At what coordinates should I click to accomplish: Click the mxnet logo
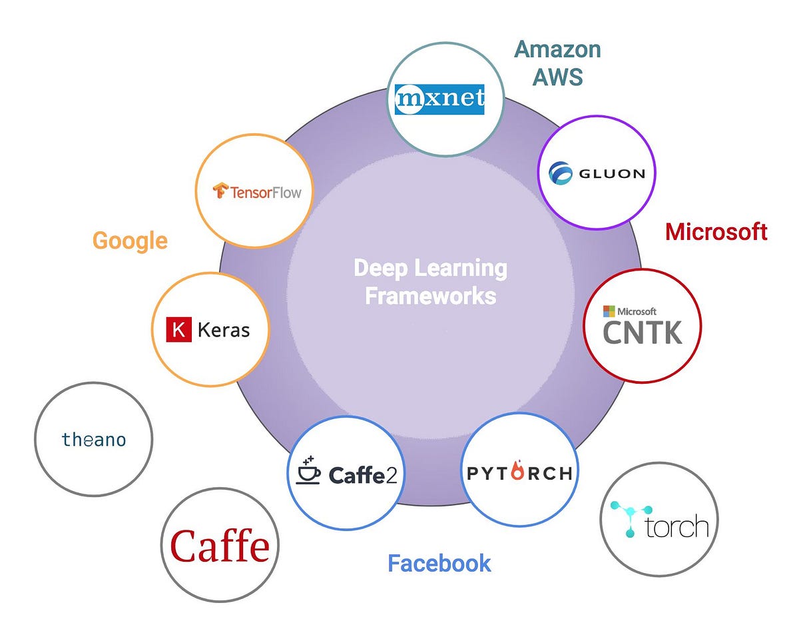point(439,99)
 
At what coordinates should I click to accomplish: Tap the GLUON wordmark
point(611,173)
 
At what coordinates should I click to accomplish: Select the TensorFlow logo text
point(265,193)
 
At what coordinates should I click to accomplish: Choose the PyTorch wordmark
point(519,474)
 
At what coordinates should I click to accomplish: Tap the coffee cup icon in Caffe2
point(308,471)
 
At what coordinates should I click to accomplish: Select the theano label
point(93,440)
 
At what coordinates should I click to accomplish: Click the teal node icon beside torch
point(625,518)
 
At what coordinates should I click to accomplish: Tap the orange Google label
point(130,241)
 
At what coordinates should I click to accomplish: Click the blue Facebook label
point(439,564)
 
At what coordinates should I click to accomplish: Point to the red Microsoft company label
point(716,232)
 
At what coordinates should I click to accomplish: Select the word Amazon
point(557,49)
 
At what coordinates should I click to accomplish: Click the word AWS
point(557,77)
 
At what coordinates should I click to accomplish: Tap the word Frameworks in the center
point(430,296)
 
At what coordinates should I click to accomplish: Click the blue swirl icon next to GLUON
point(560,173)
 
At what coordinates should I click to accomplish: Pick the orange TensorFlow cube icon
point(220,192)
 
